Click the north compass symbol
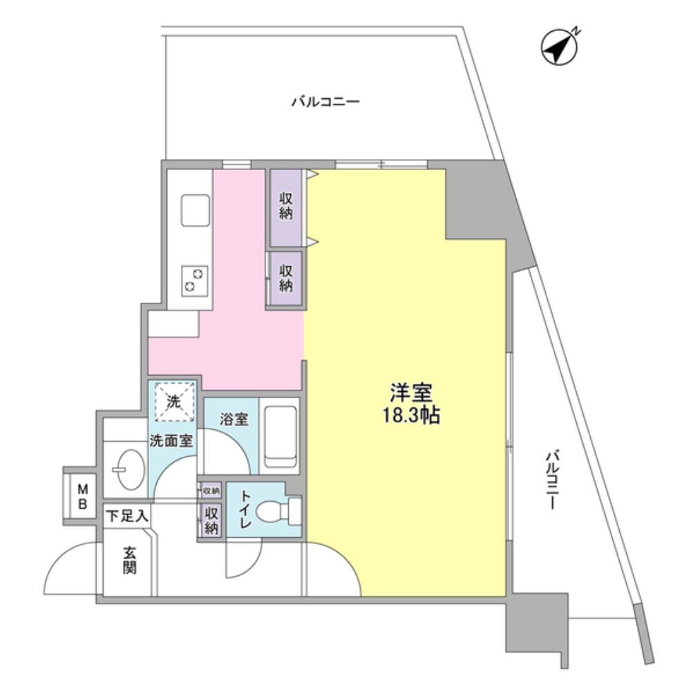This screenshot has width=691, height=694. pos(560,46)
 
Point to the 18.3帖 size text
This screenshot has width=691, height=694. pos(411,418)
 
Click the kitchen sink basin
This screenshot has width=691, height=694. pos(195,207)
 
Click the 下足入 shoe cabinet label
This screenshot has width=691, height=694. pos(127,516)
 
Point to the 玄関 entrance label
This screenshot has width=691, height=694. pos(129,561)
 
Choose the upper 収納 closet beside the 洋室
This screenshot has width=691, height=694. pos(286,205)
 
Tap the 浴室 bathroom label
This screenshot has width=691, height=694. pos(229,418)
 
